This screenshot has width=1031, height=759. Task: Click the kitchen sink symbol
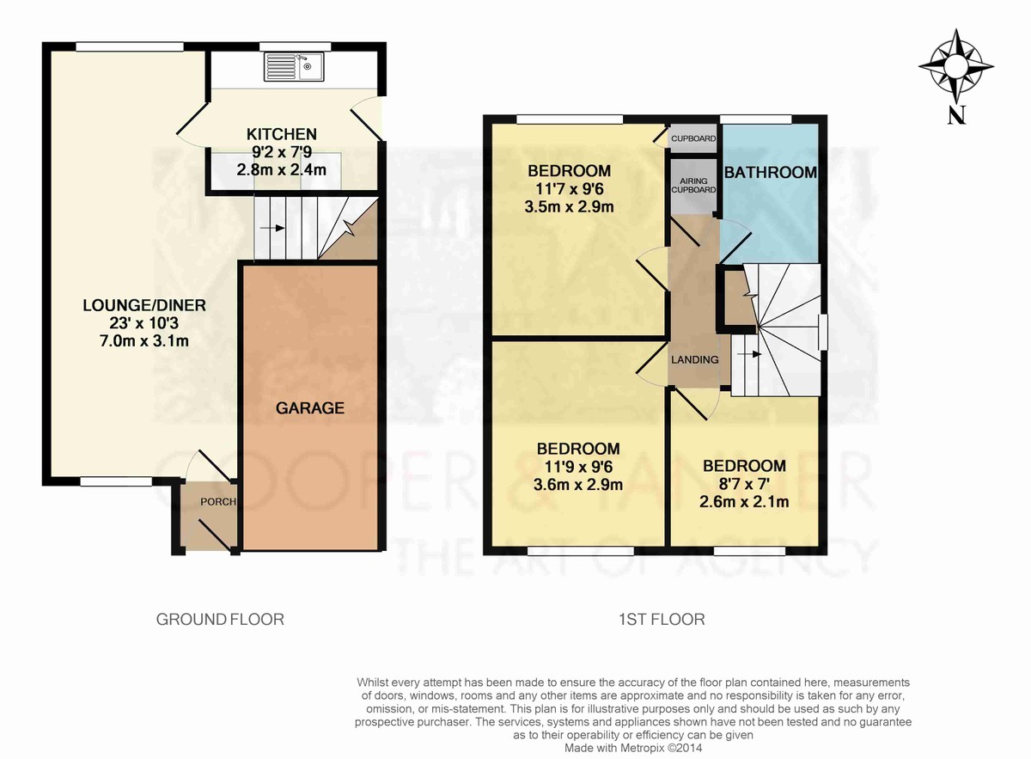click(x=294, y=66)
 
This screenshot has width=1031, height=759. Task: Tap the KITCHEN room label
click(x=282, y=134)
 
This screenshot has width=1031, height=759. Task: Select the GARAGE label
click(x=310, y=407)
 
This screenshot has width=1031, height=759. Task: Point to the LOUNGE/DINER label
click(x=144, y=305)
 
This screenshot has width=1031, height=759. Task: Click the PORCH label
click(x=218, y=501)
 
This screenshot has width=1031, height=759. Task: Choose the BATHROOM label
click(x=771, y=172)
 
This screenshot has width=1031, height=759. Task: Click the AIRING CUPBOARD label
click(x=693, y=185)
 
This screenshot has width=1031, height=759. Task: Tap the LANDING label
click(x=694, y=359)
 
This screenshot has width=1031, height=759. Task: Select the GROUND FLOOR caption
click(x=220, y=619)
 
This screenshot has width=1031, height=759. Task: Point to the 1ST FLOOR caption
click(x=662, y=619)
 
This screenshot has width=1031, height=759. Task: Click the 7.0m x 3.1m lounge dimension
click(x=144, y=340)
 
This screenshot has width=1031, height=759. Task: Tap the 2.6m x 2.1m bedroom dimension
click(x=744, y=501)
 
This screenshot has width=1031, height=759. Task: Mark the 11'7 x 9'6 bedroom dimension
click(x=570, y=189)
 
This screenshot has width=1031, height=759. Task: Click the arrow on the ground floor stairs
click(x=272, y=228)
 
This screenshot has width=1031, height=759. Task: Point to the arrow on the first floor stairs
click(x=749, y=353)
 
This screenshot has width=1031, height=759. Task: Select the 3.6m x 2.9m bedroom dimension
click(x=578, y=485)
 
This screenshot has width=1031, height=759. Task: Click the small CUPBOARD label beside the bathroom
click(x=693, y=138)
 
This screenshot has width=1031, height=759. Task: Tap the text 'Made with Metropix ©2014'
click(x=633, y=748)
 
